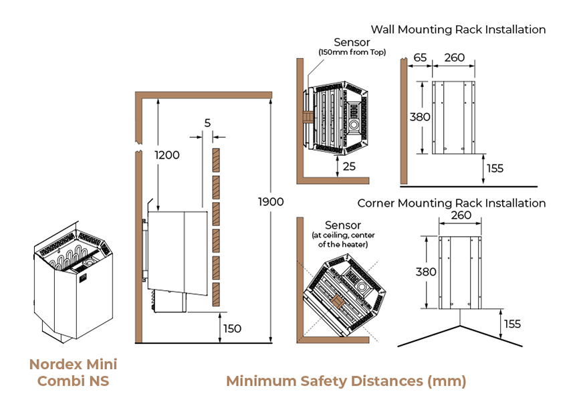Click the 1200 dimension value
coord(167,155)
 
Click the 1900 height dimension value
coord(271,201)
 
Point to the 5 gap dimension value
coord(207,123)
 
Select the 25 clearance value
coord(349,167)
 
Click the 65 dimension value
coord(420,58)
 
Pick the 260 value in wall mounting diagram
coord(454,58)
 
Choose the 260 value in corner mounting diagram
coord(461,215)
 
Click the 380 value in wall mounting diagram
coord(419,116)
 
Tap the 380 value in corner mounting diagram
coord(426,272)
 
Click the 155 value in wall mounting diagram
coord(495,168)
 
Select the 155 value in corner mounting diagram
coord(511,324)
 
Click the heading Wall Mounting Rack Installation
coord(458,29)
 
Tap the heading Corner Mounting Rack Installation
coord(451,203)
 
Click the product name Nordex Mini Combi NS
coord(73,373)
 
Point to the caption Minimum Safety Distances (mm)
coord(346,381)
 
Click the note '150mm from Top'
coord(352,53)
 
